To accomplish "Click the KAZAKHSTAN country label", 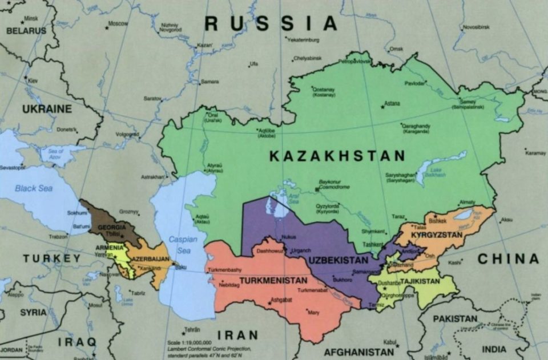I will tap(337, 156).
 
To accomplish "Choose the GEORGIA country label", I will tap(112, 226).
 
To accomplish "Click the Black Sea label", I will tap(34, 188).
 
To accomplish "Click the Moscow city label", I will tap(118, 23).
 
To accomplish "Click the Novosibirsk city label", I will tap(476, 27).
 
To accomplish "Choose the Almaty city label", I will tap(467, 202).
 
